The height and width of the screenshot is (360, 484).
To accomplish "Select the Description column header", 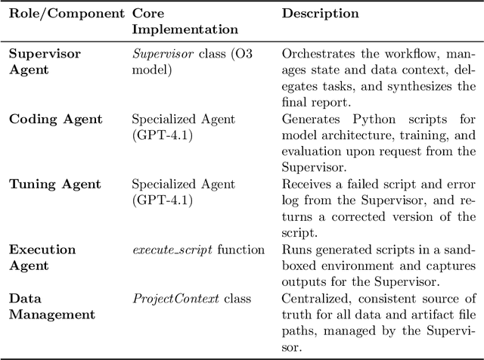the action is click(x=320, y=14).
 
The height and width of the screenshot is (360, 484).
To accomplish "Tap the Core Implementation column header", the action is click(x=185, y=21).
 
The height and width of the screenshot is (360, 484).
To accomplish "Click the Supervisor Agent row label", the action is click(x=44, y=61).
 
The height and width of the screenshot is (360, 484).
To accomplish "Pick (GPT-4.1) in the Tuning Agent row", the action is click(x=163, y=200).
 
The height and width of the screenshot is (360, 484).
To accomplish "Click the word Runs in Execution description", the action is click(x=295, y=250).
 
